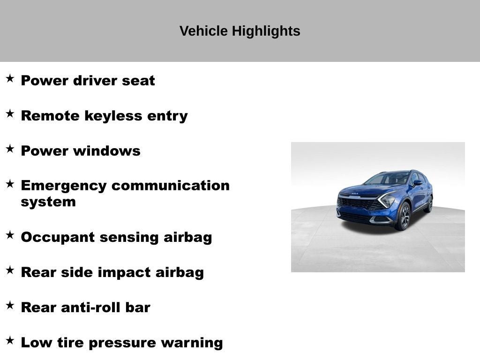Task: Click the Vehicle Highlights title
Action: [240, 31]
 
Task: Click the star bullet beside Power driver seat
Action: [10, 78]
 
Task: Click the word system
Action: [48, 202]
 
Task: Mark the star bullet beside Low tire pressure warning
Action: [10, 340]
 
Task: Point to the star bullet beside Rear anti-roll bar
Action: [10, 305]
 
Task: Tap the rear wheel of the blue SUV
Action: [428, 204]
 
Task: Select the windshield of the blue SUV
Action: [388, 179]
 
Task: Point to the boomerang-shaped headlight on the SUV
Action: [387, 200]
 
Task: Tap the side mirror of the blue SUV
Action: [417, 183]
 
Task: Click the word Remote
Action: [50, 116]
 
